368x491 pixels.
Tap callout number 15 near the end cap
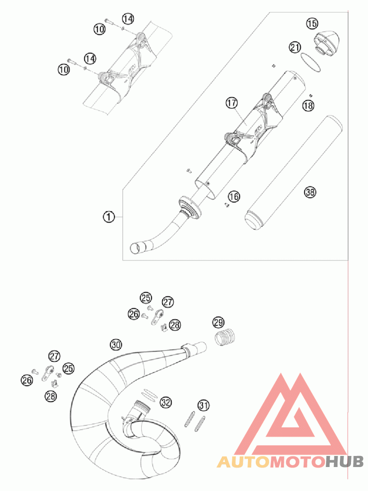[312, 23]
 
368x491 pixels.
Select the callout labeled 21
[295, 47]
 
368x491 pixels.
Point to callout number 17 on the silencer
[231, 103]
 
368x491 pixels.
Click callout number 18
[308, 106]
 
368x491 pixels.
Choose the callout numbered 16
[234, 197]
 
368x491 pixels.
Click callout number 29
[218, 322]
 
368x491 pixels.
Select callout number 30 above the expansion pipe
[115, 344]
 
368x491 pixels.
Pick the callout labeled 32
[166, 402]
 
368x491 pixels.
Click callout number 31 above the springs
[203, 405]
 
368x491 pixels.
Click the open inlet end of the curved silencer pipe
[137, 248]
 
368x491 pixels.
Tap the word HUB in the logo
[345, 461]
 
